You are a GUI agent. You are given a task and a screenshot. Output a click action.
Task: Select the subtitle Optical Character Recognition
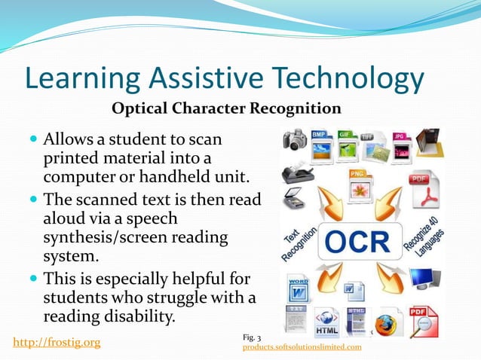pyautogui.click(x=226, y=108)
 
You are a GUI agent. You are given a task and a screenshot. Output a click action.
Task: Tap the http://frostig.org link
pyautogui.click(x=57, y=343)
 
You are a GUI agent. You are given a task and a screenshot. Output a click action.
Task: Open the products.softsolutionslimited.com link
pyautogui.click(x=302, y=347)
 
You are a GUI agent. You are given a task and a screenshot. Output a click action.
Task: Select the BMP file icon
pyautogui.click(x=323, y=144)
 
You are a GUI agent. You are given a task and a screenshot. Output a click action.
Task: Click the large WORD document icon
pyautogui.click(x=298, y=289)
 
